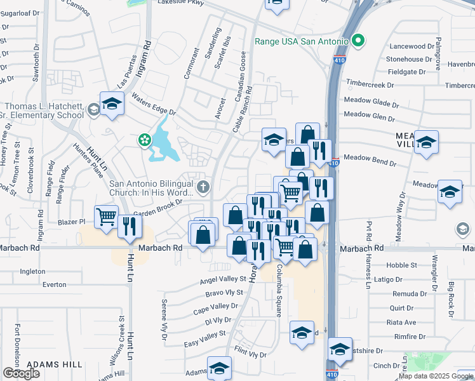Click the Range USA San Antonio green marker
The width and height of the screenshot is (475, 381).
358,42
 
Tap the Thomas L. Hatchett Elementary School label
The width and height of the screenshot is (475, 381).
43,110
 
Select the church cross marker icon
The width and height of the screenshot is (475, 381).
203,187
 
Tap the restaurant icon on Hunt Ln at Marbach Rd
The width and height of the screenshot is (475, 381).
130,227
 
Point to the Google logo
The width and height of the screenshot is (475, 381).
21,373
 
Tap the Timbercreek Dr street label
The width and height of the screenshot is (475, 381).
370,84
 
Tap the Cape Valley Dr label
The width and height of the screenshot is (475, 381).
215,307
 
